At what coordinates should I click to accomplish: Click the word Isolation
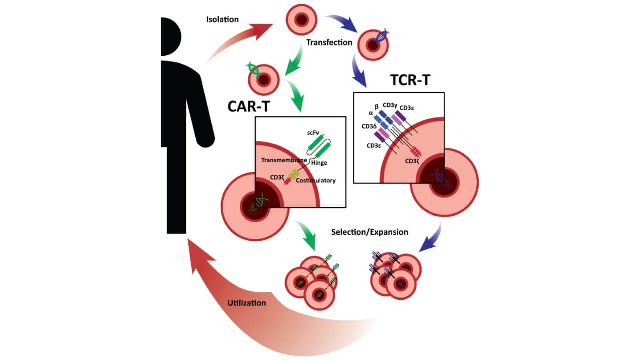pos(222,20)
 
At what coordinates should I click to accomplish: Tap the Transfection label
pos(329,42)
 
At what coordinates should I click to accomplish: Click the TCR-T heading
pos(409,80)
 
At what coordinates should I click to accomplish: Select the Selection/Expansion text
pos(370,232)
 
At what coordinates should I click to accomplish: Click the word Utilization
pos(246,303)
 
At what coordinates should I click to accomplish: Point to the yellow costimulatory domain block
pos(295,173)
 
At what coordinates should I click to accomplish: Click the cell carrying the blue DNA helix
pos(373,43)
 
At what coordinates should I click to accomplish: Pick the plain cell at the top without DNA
pos(301,20)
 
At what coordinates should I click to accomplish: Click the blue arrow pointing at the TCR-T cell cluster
pos(431,239)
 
